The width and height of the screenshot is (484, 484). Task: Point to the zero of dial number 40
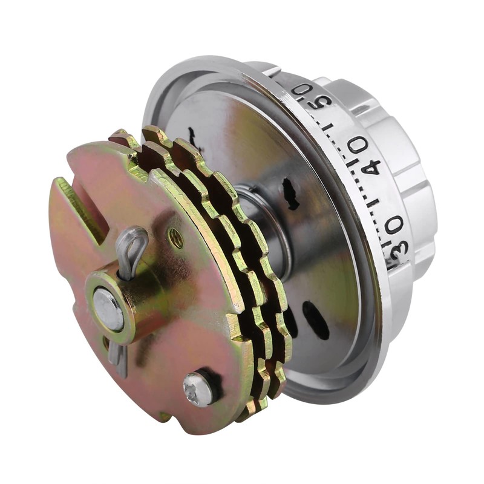pyautogui.click(x=357, y=145)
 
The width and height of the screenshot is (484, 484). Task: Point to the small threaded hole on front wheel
pyautogui.click(x=176, y=237)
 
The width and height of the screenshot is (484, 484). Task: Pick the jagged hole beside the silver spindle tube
pyautogui.click(x=291, y=194)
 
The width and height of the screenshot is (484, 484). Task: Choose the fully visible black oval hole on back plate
pyautogui.click(x=316, y=320)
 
